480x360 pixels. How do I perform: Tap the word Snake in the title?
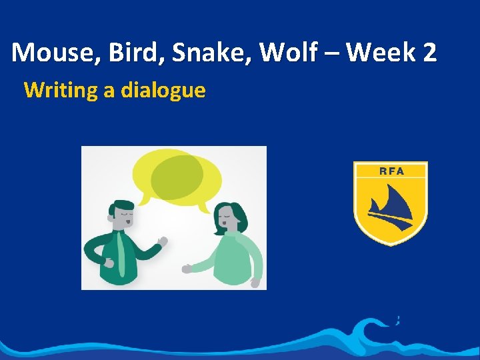[x=210, y=53]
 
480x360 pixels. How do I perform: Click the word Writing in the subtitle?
[x=61, y=90]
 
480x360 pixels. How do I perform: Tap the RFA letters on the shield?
[x=391, y=171]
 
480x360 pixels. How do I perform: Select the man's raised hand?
[x=161, y=241]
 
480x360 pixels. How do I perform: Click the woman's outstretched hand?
[x=187, y=269]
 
